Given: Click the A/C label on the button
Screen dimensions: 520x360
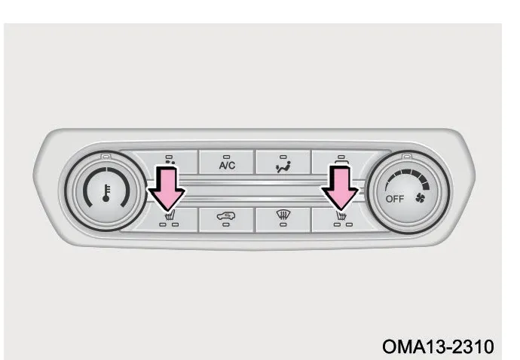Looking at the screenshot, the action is pos(227,165).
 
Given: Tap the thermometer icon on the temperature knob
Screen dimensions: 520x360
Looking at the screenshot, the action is pos(106,193).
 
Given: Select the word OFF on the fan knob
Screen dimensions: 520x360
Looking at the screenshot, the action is pos(395,199).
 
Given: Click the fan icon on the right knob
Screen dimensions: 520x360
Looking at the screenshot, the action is pos(420,198).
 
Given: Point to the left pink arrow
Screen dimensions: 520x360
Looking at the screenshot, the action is pos(167,188).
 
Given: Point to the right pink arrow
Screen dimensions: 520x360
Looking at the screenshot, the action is pos(340,188).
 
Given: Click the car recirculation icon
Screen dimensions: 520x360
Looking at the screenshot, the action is pos(226,216).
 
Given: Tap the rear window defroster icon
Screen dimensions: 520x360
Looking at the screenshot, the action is pos(283,215).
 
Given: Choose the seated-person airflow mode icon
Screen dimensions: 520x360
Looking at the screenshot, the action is pos(283,166).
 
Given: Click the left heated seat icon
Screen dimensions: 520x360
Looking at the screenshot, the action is pos(170,216).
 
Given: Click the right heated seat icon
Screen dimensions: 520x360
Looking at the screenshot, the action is pos(341,216).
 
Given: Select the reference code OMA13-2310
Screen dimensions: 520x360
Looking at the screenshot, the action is pos(438,346).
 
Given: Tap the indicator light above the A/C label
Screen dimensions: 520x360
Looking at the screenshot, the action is pos(227,157).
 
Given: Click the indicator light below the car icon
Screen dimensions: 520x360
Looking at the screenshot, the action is pos(226,224).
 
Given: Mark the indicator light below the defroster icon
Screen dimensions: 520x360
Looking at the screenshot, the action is pos(283,224).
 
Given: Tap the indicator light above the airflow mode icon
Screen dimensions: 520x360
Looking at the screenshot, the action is pos(283,157).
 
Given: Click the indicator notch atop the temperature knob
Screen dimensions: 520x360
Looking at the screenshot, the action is pos(106,156).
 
